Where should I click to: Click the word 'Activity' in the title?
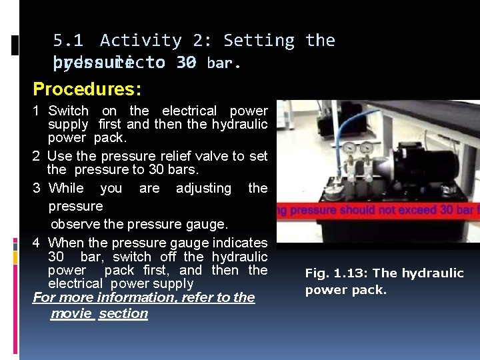click(140, 41)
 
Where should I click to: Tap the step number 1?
click(37, 111)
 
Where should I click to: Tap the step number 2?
click(37, 156)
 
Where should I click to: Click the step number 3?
click(37, 188)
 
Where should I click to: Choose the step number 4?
click(37, 243)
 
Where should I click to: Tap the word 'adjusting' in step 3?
click(203, 188)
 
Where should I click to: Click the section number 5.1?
click(67, 41)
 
